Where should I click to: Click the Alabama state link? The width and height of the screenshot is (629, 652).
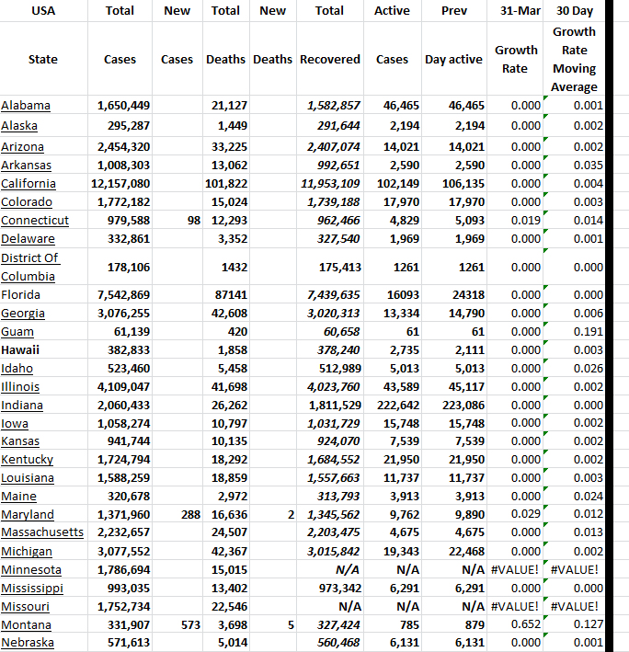(26, 106)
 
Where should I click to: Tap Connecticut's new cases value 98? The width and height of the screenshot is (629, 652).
(191, 221)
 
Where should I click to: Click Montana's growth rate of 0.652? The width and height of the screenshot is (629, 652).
(525, 625)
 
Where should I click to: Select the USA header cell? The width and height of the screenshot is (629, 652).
(42, 11)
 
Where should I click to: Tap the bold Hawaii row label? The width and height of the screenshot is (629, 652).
(20, 349)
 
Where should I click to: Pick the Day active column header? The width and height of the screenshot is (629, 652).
(452, 60)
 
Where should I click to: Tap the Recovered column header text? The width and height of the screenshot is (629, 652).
(329, 60)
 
